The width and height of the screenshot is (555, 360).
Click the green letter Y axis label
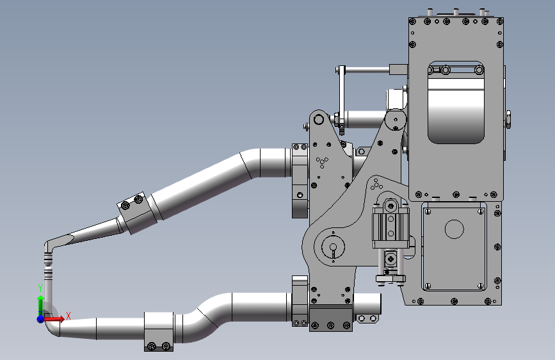pyautogui.click(x=40, y=288)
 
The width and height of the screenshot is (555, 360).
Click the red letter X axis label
pyautogui.click(x=68, y=316)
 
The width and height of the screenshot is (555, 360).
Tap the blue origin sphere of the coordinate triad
pyautogui.click(x=41, y=319)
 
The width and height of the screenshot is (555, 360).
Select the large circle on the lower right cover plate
pyautogui.click(x=454, y=229)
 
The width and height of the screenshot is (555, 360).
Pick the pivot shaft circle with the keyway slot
pyautogui.click(x=333, y=247)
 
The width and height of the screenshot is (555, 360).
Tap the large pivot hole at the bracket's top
pyautogui.click(x=319, y=119)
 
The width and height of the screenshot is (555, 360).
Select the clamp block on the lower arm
pyautogui.click(x=159, y=332)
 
